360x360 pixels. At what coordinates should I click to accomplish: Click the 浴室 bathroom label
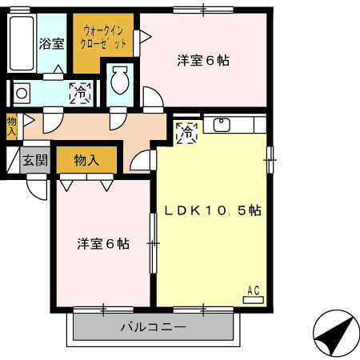(52, 44)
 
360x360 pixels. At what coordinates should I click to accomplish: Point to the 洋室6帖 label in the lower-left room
(103, 243)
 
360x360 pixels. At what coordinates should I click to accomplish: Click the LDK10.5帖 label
(213, 210)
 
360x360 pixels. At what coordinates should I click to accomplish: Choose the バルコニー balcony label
(154, 327)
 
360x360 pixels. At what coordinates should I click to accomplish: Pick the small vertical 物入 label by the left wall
(11, 126)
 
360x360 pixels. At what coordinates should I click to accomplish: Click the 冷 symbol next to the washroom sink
(80, 93)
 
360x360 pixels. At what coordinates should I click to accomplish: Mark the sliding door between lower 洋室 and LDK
(153, 242)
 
